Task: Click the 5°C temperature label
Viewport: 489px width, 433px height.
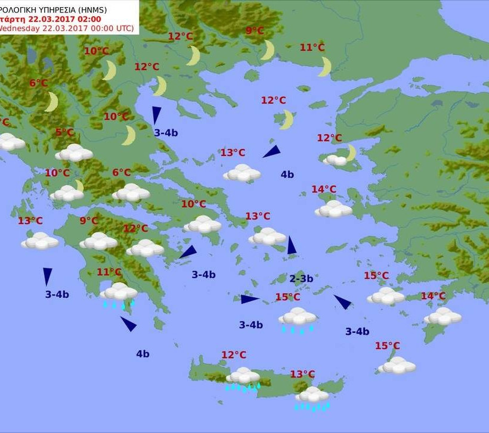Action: (64, 132)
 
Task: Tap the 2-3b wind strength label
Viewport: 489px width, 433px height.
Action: (301, 278)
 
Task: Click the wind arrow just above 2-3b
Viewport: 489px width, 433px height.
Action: (292, 245)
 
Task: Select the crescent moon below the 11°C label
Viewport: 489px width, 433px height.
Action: (324, 66)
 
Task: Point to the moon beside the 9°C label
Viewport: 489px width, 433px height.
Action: (268, 50)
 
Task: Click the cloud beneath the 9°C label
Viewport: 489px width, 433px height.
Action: (98, 241)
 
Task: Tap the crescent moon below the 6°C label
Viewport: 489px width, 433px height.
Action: (52, 102)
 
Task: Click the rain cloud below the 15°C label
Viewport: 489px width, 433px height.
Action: (298, 317)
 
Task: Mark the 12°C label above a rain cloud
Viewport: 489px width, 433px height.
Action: (234, 355)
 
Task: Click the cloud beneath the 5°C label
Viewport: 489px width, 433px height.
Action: (74, 153)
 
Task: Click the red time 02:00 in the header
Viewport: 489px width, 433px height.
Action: (88, 18)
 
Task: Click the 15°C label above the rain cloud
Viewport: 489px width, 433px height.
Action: (287, 297)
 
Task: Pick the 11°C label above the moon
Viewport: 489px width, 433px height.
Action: (312, 47)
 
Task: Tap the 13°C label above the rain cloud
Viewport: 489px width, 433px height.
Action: (302, 374)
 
